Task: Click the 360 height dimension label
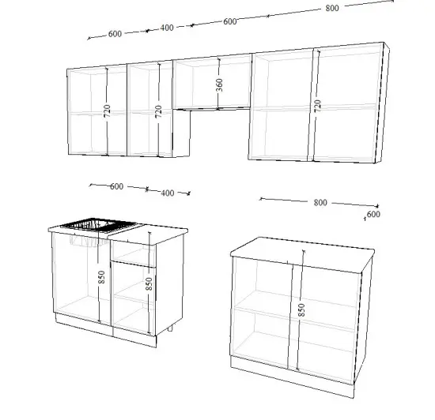point(219,84)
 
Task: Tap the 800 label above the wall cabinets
point(332,9)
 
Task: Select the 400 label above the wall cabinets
point(167,28)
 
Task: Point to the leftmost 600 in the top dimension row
point(115,34)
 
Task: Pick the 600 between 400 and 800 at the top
point(230,21)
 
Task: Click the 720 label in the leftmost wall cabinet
point(107,111)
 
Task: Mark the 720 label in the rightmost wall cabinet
point(318,106)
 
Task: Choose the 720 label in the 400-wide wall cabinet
point(158,111)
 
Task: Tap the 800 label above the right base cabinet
point(320,203)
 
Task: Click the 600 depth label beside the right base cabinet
point(373,214)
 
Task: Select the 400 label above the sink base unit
point(168,193)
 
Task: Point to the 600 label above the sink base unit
point(117,186)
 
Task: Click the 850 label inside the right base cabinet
point(301,310)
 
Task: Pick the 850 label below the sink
point(102,277)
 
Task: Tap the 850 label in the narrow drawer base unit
point(149,283)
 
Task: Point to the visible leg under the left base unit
point(170,328)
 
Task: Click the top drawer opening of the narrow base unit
point(133,254)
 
